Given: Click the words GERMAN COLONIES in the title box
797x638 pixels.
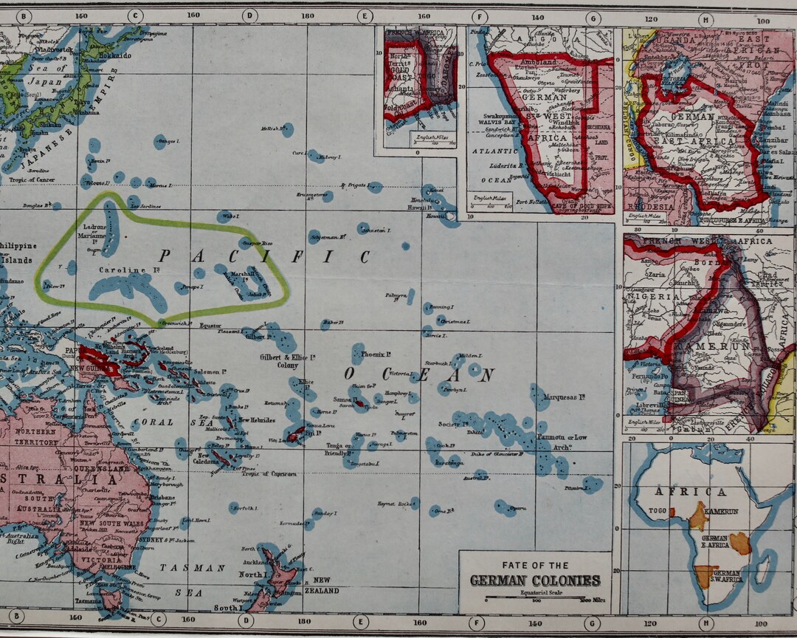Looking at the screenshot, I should (535, 580).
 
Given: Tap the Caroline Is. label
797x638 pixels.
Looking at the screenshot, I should (123, 271).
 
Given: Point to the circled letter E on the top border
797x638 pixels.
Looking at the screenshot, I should (364, 16).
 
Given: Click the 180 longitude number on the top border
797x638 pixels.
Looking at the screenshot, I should (305, 16).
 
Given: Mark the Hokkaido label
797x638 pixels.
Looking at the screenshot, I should (116, 55).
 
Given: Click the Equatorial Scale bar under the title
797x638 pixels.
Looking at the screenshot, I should (535, 600).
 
